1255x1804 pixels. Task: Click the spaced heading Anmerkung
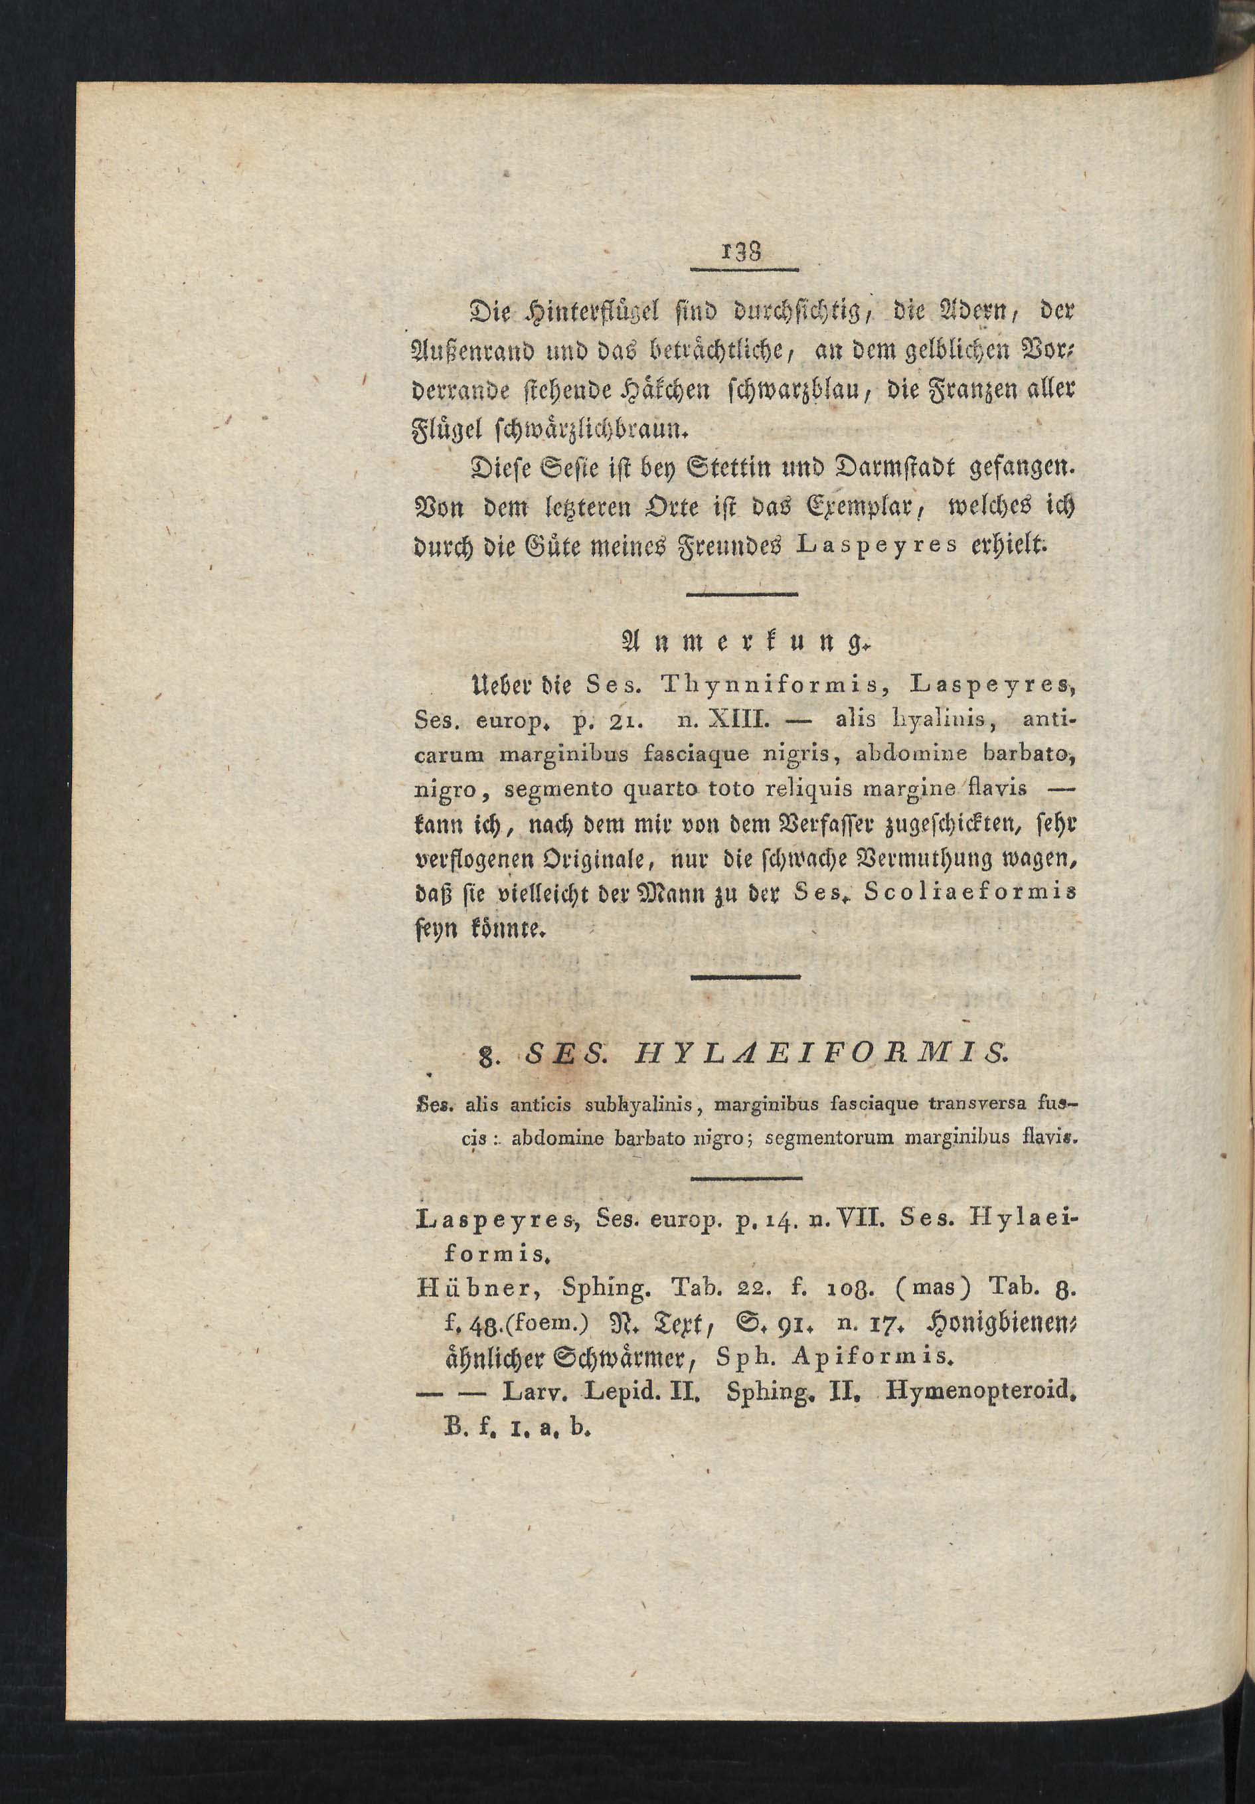click(740, 642)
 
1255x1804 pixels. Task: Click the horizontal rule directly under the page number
click(744, 270)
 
